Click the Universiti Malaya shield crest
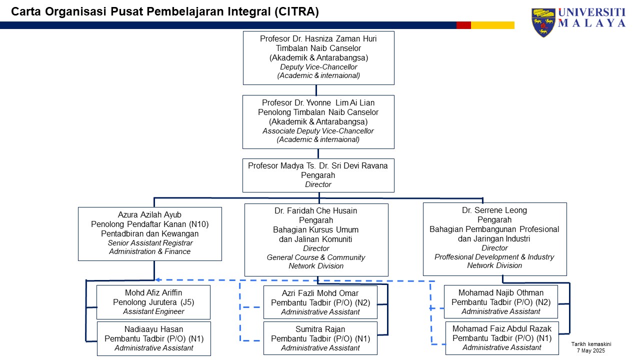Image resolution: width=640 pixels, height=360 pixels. tap(543, 22)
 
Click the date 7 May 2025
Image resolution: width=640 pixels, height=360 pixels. tap(591, 350)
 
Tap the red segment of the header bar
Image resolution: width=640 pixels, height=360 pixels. tap(463, 25)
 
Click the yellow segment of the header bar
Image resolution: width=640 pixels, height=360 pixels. tap(492, 25)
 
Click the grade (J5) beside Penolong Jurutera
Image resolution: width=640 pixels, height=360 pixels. tap(187, 302)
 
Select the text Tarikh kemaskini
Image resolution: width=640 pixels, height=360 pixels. tap(591, 344)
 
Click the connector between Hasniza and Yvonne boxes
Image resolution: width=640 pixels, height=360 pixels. tap(316, 90)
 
